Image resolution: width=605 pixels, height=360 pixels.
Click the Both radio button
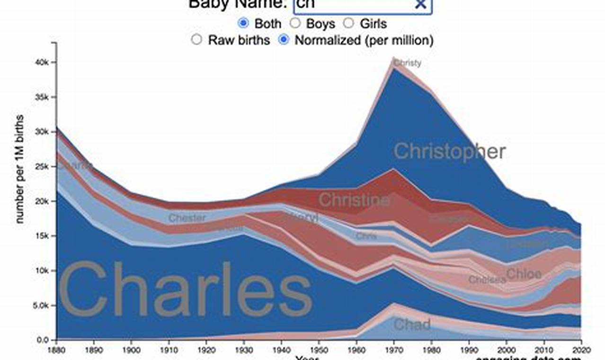coord(243,23)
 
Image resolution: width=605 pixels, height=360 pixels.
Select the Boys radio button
coord(295,23)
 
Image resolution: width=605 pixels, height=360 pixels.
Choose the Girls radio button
coord(348,23)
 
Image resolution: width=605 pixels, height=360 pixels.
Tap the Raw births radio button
coord(196,40)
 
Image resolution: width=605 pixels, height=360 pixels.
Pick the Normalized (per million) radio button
coord(284,40)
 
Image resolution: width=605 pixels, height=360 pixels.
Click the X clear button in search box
coord(420,4)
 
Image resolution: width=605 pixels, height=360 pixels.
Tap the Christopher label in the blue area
coord(450,152)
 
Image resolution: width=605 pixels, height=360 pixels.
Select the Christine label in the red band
coord(354,200)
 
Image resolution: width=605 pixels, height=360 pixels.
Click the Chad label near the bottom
coord(412,324)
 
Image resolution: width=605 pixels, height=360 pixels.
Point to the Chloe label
coord(524,274)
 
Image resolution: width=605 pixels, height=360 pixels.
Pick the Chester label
coord(187,218)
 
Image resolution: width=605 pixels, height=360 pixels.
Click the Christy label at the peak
coord(407,63)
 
